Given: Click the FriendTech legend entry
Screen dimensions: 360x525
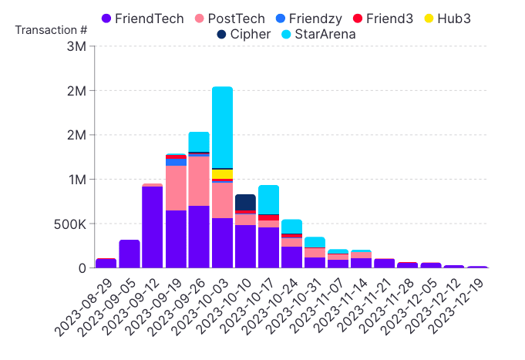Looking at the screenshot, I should (143, 19).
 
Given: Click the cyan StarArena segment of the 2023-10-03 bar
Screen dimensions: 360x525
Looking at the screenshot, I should (222, 127).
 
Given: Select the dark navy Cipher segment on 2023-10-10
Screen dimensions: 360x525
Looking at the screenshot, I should (245, 202).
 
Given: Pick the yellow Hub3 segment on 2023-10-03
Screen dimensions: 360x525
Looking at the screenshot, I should (222, 174).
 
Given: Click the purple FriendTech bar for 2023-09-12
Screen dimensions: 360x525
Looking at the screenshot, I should (153, 227).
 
